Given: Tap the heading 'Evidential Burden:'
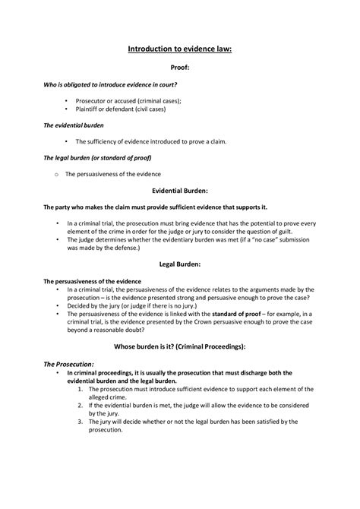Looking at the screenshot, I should tap(179, 191).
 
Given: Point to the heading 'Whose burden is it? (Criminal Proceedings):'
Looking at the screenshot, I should tap(179, 346).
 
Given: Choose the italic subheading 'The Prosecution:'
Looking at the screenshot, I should tap(69, 365).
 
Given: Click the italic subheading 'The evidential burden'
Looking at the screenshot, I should tap(73, 124).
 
